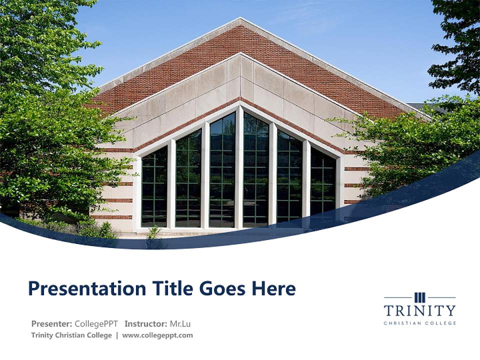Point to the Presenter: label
tap(52, 323)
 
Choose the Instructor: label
tap(146, 323)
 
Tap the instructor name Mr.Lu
tap(180, 323)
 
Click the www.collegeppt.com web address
tap(157, 335)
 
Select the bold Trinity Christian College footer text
tap(71, 335)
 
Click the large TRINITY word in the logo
tap(419, 310)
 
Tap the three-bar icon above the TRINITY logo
tap(420, 297)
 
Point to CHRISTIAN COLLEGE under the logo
tap(419, 323)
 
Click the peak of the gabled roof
tap(240, 20)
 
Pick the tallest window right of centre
tap(256, 170)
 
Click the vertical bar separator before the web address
tap(117, 335)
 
